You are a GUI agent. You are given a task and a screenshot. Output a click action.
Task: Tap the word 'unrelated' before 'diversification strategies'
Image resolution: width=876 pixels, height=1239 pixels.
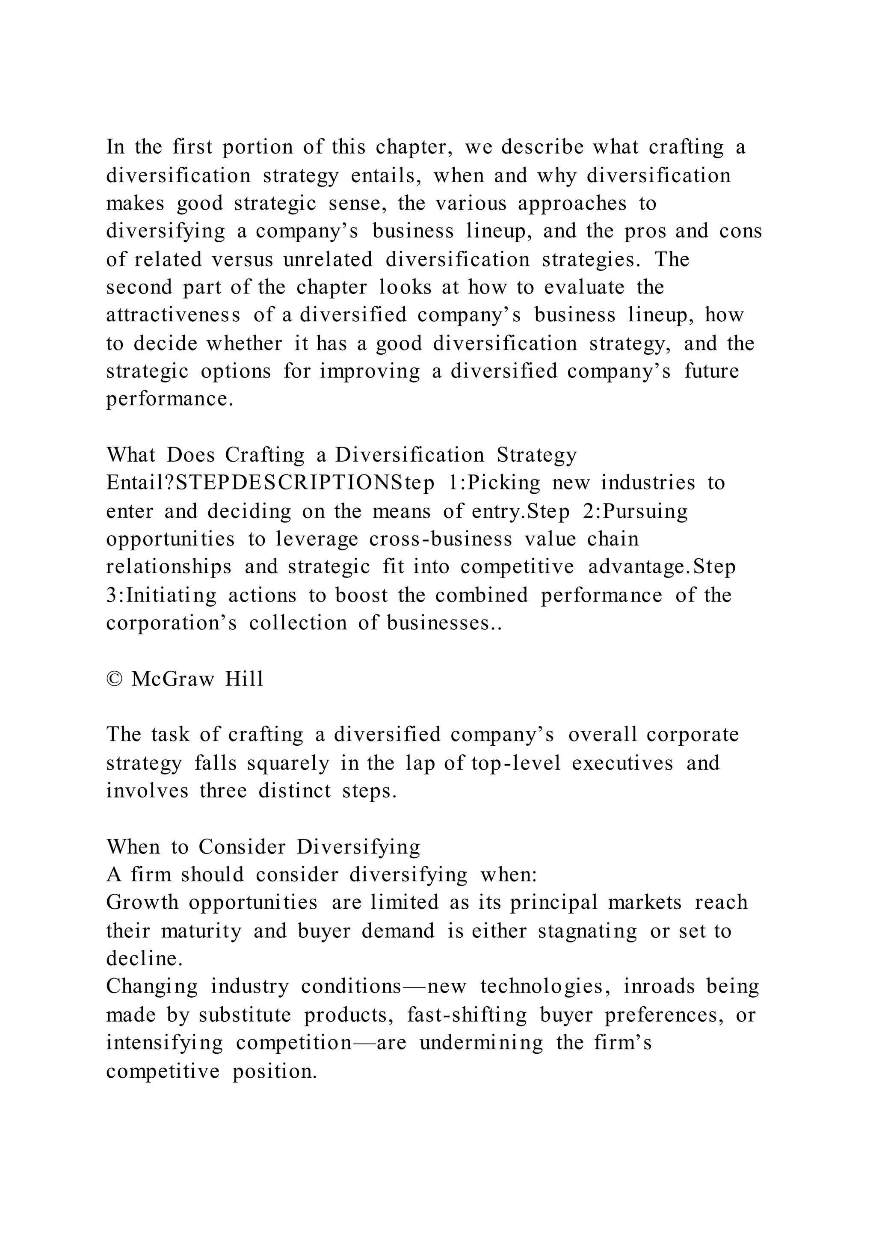327,260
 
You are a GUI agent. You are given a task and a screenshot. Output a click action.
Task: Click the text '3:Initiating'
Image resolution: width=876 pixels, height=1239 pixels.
161,595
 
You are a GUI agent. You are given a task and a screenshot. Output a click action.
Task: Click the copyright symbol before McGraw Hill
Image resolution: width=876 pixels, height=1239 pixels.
114,679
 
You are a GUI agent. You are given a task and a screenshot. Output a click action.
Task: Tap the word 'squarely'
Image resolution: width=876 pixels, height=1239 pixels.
288,764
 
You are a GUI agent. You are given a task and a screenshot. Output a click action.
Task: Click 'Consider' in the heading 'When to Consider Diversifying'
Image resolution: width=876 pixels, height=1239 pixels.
241,847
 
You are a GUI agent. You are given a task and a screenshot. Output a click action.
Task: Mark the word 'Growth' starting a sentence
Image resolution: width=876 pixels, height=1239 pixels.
142,903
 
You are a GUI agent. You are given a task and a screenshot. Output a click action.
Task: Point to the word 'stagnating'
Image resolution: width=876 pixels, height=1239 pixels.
587,931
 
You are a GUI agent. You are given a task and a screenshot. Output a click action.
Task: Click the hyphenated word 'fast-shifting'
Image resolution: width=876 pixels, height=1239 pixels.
467,1016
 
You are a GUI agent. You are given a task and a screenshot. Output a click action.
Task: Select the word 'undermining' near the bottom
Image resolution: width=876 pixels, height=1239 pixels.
481,1043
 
